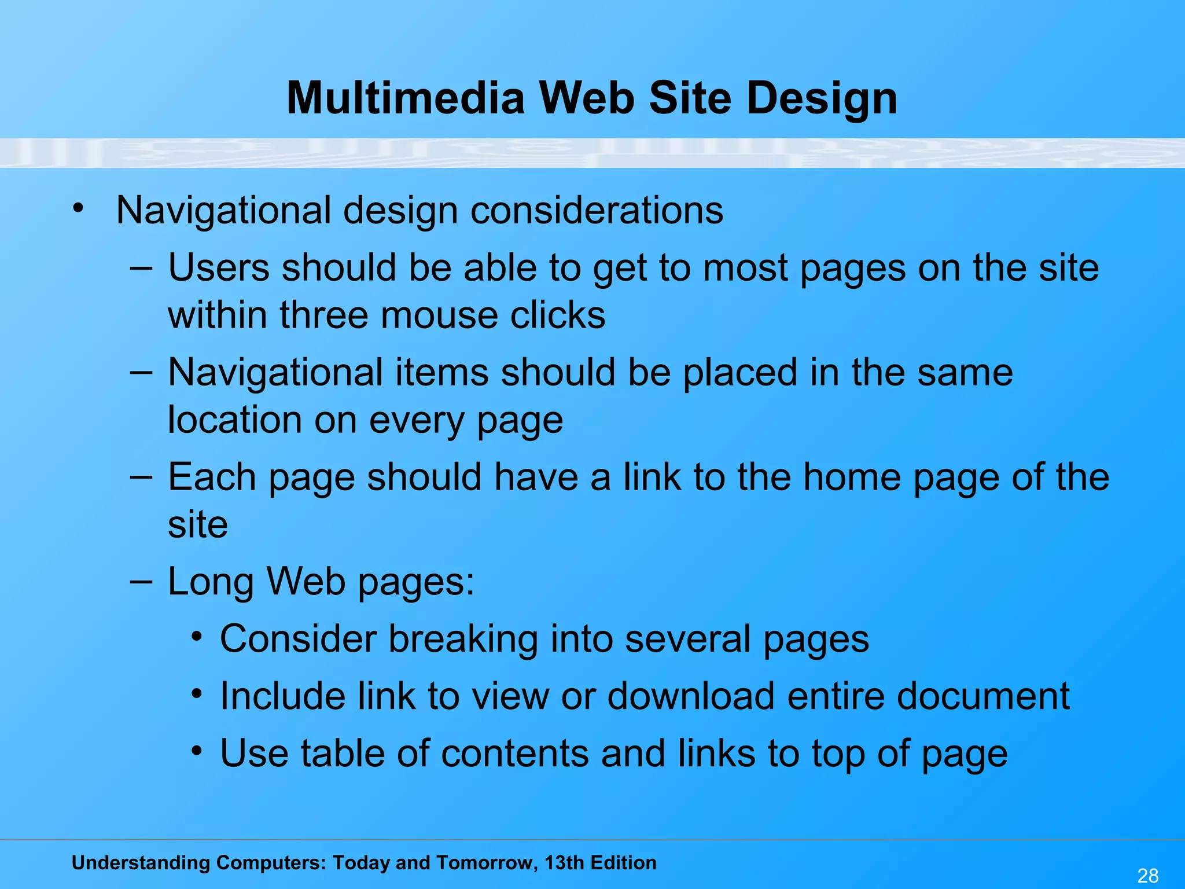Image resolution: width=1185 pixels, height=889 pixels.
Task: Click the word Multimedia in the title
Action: click(x=405, y=97)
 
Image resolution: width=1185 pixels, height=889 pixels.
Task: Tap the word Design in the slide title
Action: click(x=822, y=98)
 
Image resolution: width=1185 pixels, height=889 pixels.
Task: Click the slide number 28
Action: click(x=1148, y=875)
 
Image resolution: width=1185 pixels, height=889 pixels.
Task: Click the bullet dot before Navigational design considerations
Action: click(x=78, y=208)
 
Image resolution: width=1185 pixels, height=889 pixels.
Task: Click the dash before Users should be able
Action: click(x=141, y=268)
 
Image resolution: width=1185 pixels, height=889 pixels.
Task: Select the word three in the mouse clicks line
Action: click(x=323, y=315)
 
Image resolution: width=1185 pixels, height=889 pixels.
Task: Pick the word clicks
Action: click(x=557, y=315)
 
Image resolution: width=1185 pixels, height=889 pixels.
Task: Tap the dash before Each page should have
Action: click(x=141, y=477)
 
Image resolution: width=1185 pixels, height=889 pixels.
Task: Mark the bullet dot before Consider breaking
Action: click(x=197, y=637)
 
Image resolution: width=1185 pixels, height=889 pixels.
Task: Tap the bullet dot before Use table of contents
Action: click(x=197, y=751)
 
